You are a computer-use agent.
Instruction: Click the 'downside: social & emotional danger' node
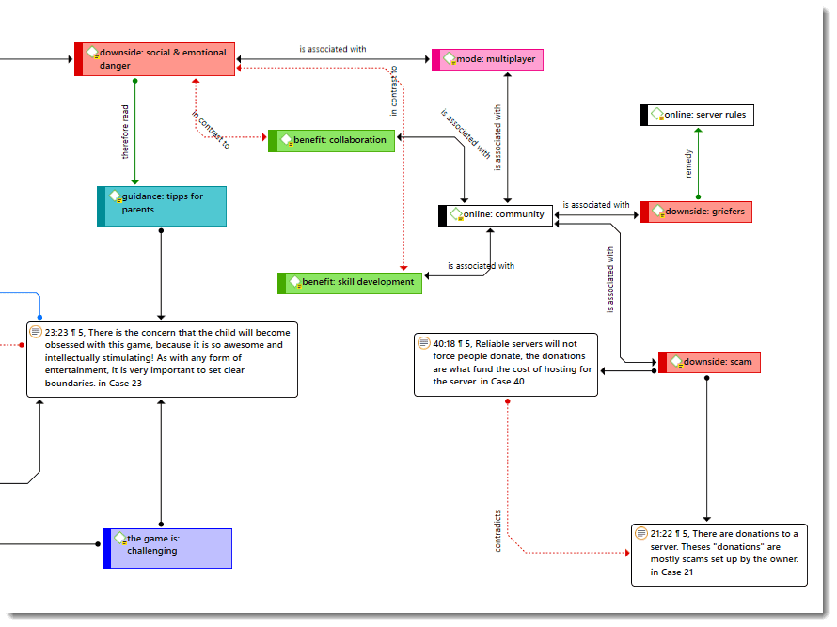pyautogui.click(x=155, y=59)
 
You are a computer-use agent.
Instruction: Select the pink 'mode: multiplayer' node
pyautogui.click(x=487, y=59)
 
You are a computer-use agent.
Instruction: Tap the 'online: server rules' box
pyautogui.click(x=697, y=115)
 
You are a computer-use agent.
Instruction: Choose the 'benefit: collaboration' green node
pyautogui.click(x=332, y=140)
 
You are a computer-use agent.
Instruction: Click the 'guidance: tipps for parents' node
pyautogui.click(x=162, y=206)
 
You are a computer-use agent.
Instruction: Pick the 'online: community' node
pyautogui.click(x=497, y=214)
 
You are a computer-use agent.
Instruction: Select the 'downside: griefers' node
pyautogui.click(x=697, y=212)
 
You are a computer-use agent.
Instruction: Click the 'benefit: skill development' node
pyautogui.click(x=350, y=282)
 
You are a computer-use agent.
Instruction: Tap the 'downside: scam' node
pyautogui.click(x=710, y=362)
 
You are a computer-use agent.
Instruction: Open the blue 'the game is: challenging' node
pyautogui.click(x=167, y=548)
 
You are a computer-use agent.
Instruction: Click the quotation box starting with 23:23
pyautogui.click(x=162, y=360)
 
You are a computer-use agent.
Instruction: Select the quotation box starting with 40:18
pyautogui.click(x=506, y=364)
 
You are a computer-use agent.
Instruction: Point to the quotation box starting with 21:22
pyautogui.click(x=719, y=555)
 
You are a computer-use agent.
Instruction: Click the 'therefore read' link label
pyautogui.click(x=126, y=132)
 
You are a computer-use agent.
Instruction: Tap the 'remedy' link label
pyautogui.click(x=688, y=164)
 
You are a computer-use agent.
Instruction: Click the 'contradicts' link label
pyautogui.click(x=498, y=530)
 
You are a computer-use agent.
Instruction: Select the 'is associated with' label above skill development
pyautogui.click(x=481, y=266)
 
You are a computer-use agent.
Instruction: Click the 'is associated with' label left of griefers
pyautogui.click(x=596, y=204)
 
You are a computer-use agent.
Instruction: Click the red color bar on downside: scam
pyautogui.click(x=663, y=362)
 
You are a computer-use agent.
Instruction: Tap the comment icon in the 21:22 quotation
pyautogui.click(x=641, y=533)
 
